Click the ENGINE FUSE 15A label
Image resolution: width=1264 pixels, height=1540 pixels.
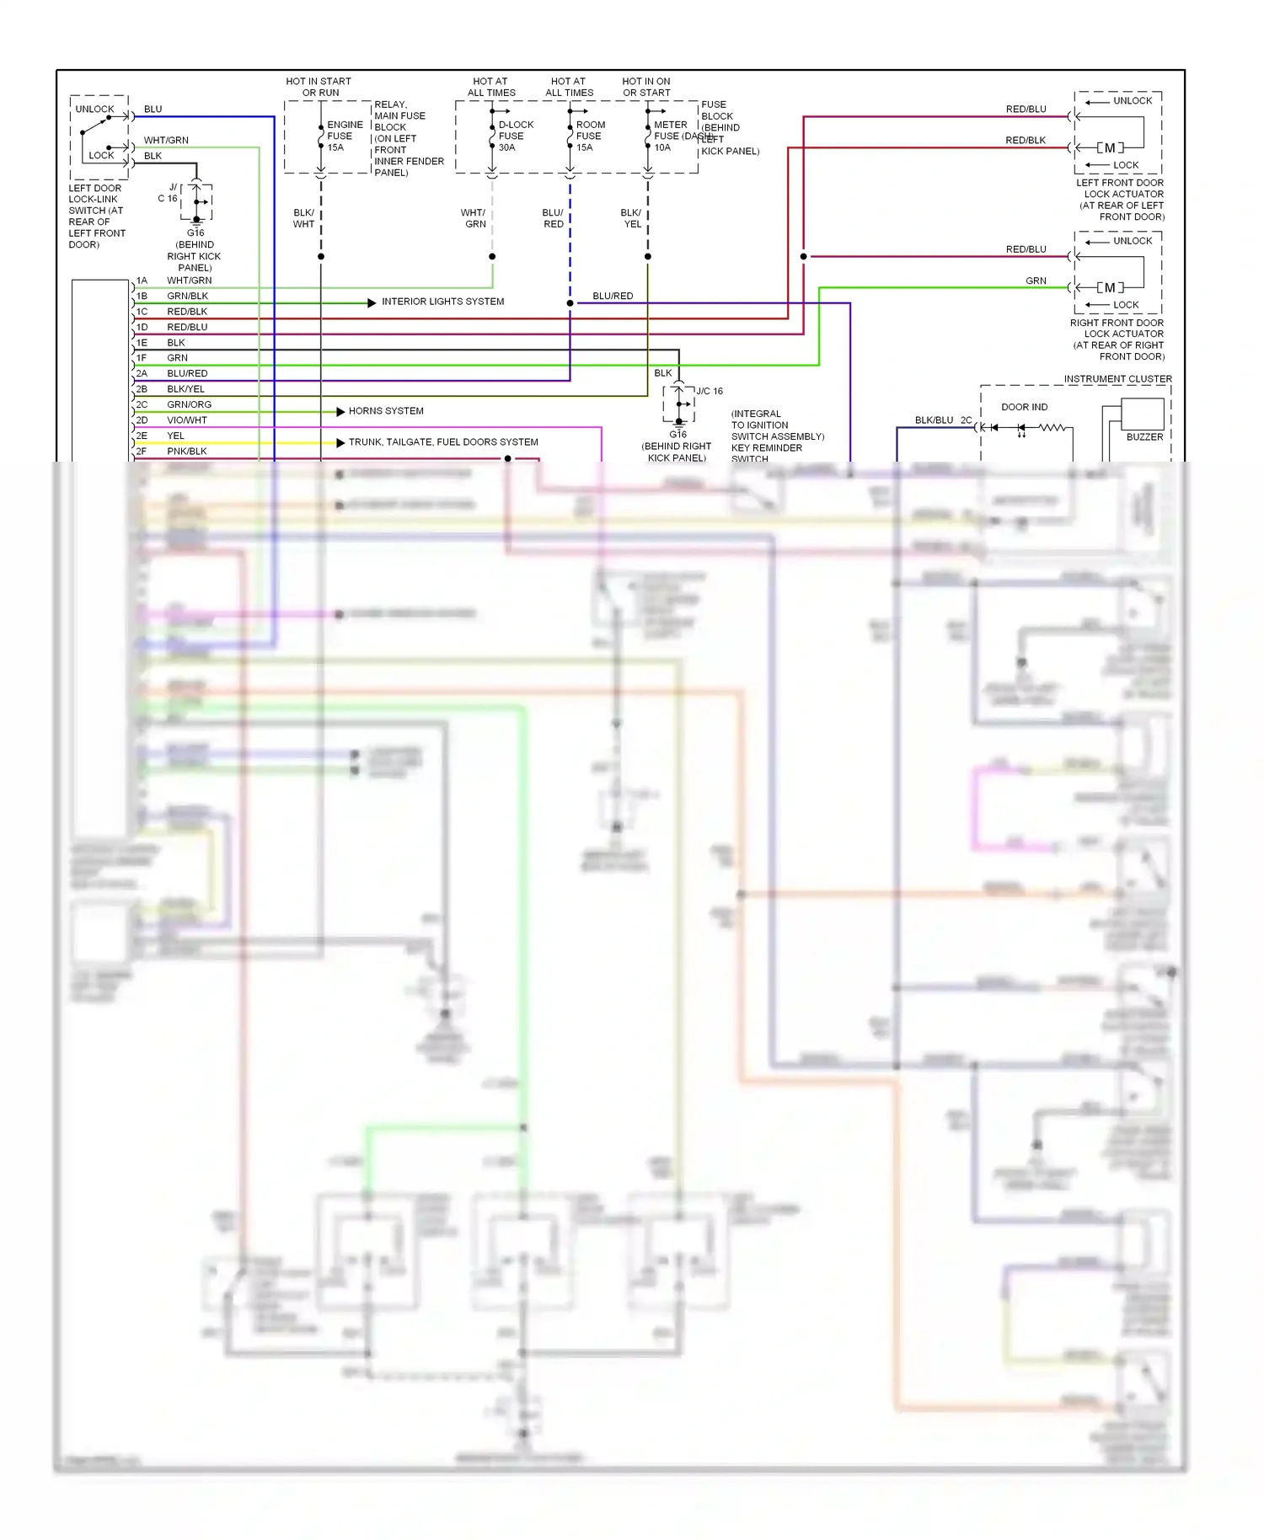pyautogui.click(x=344, y=136)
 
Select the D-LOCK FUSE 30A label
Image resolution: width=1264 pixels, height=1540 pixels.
pyautogui.click(x=515, y=136)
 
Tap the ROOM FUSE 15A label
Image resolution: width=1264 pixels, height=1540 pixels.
pyautogui.click(x=590, y=136)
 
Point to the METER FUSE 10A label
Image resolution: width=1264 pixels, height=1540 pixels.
pyautogui.click(x=670, y=136)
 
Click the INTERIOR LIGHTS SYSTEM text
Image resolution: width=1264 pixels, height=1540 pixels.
pyautogui.click(x=442, y=302)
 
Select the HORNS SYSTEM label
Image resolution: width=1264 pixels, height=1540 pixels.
pyautogui.click(x=386, y=411)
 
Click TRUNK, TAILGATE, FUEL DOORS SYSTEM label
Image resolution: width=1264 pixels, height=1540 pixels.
pyautogui.click(x=443, y=442)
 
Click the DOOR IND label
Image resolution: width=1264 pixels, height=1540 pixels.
pyautogui.click(x=1024, y=407)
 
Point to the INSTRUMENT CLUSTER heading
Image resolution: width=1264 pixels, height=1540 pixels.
pyautogui.click(x=1117, y=379)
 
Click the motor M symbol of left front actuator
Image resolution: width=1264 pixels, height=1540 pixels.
pyautogui.click(x=1110, y=147)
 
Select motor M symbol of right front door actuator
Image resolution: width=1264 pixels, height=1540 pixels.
pyautogui.click(x=1110, y=287)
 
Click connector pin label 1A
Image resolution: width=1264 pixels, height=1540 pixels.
pyautogui.click(x=142, y=281)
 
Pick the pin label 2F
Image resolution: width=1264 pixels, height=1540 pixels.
pyautogui.click(x=142, y=452)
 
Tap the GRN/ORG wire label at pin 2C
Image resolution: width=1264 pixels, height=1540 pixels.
pyautogui.click(x=189, y=404)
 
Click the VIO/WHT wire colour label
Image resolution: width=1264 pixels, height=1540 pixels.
pyautogui.click(x=186, y=420)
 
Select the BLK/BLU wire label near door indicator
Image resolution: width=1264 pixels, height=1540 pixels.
pyautogui.click(x=934, y=420)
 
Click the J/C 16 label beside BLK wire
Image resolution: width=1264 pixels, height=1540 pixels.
pyautogui.click(x=710, y=391)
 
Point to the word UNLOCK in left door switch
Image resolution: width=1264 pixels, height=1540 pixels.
pyautogui.click(x=94, y=110)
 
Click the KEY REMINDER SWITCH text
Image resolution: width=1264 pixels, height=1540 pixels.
pyautogui.click(x=766, y=448)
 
